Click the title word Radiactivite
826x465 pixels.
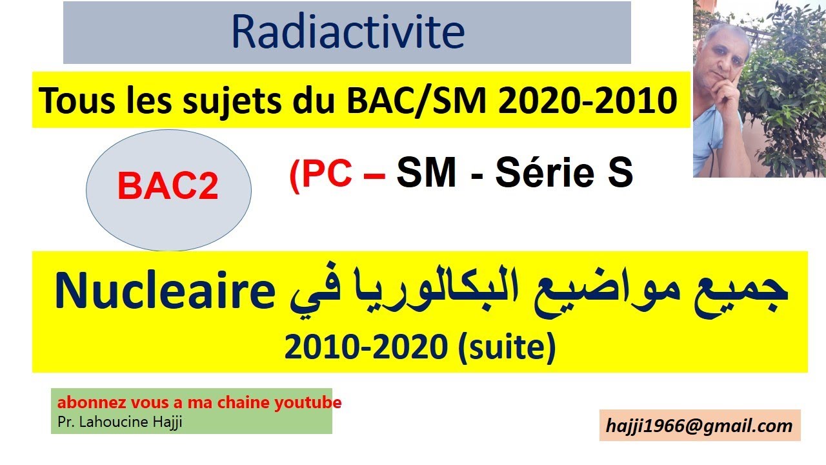click(x=347, y=32)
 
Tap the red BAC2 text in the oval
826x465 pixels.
click(x=168, y=187)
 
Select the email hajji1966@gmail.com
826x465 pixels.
click(x=700, y=426)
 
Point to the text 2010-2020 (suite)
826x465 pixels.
click(x=419, y=348)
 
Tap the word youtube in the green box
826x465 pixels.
click(x=308, y=403)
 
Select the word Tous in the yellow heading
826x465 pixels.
click(x=69, y=101)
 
